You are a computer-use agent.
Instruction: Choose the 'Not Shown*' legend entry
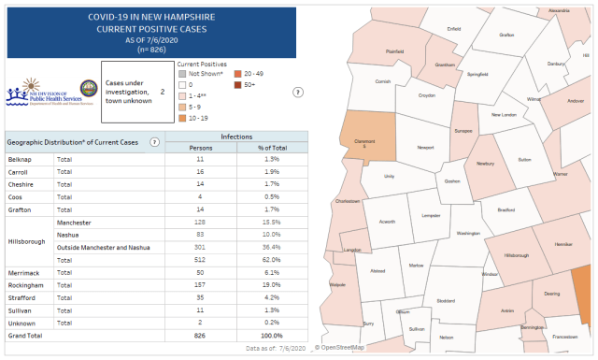click(205, 73)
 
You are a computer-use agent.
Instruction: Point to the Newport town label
click(425, 148)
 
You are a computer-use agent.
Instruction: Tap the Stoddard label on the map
click(446, 300)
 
